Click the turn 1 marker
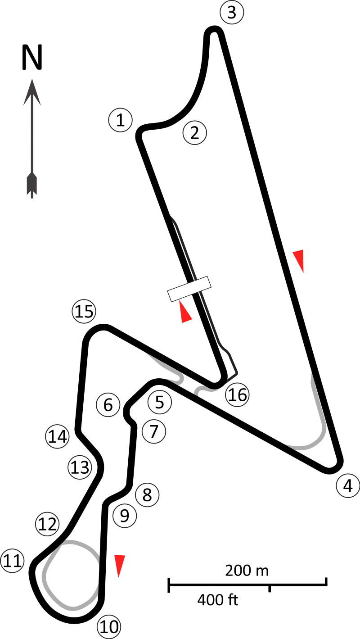pyautogui.click(x=120, y=120)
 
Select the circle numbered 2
pyautogui.click(x=194, y=133)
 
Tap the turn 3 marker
pyautogui.click(x=232, y=13)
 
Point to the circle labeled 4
pyautogui.click(x=348, y=486)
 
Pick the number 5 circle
pyautogui.click(x=160, y=402)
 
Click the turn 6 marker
pyautogui.click(x=108, y=405)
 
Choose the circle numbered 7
pyautogui.click(x=154, y=431)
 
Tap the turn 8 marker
pyautogui.click(x=147, y=495)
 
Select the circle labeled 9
pyautogui.click(x=125, y=516)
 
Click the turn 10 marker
pyautogui.click(x=109, y=626)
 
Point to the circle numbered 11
pyautogui.click(x=12, y=561)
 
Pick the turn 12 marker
pyautogui.click(x=47, y=524)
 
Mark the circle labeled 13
pyautogui.click(x=80, y=467)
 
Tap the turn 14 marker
pyautogui.click(x=57, y=436)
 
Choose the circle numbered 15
pyautogui.click(x=84, y=312)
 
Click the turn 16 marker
pyautogui.click(x=237, y=395)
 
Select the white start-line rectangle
pyautogui.click(x=189, y=289)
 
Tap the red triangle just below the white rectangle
pyautogui.click(x=184, y=313)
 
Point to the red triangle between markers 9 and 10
pyautogui.click(x=119, y=565)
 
